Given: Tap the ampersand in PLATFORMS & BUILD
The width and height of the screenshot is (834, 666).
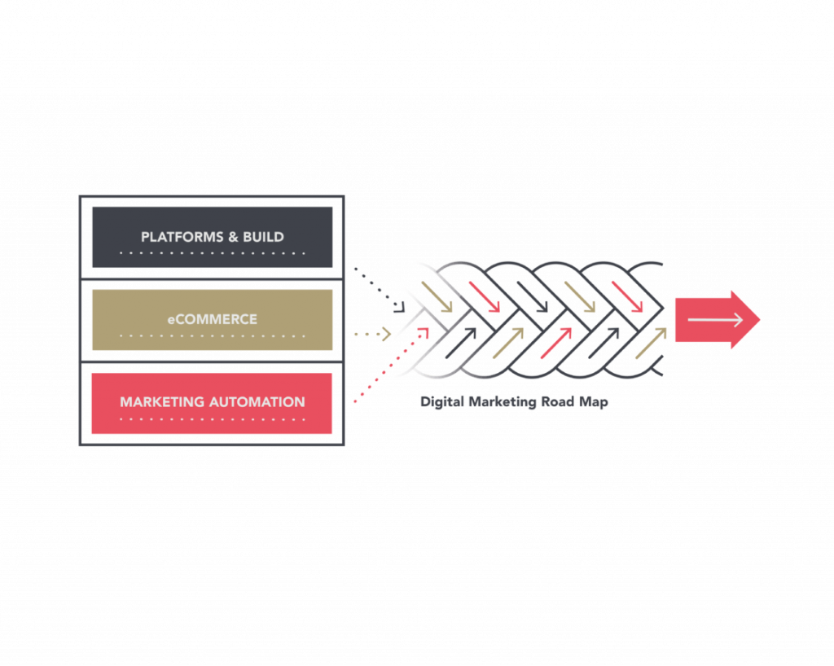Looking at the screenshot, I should click(x=231, y=237).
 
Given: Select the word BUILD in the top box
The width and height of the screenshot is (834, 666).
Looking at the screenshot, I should click(x=263, y=237).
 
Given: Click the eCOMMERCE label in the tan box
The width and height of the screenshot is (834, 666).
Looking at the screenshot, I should click(x=212, y=319).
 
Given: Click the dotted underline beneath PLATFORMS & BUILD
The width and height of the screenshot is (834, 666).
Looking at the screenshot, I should click(x=212, y=253).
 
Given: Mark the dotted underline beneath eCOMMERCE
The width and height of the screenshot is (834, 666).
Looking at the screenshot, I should click(x=212, y=336).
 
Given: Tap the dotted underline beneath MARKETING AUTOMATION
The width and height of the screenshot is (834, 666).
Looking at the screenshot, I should click(x=212, y=419).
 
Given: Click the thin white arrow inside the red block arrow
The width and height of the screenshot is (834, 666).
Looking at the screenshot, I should click(x=715, y=320).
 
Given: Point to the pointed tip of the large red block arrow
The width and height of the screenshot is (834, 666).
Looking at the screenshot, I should click(x=758, y=319).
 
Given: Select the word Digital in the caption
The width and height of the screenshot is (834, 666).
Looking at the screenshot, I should click(x=441, y=402).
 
